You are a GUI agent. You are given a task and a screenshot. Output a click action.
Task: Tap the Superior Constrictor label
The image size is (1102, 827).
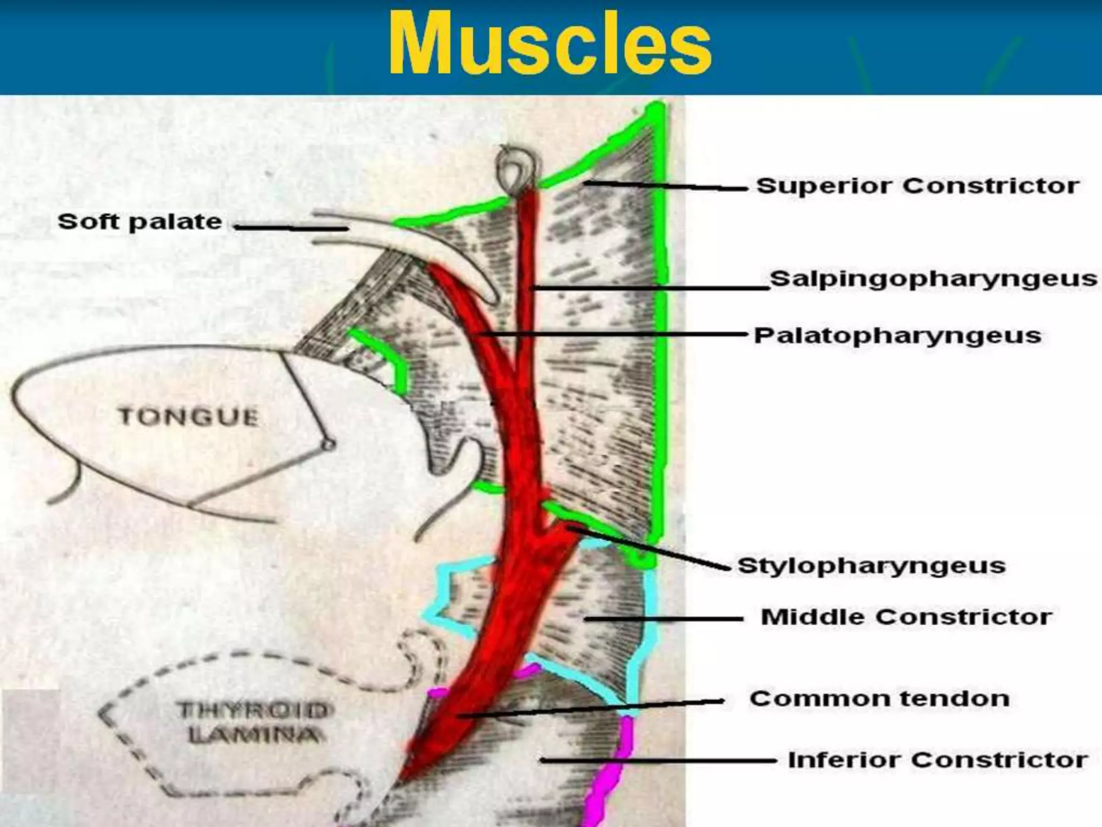(x=917, y=186)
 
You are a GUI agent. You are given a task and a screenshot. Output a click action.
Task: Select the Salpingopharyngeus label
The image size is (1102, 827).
(x=933, y=279)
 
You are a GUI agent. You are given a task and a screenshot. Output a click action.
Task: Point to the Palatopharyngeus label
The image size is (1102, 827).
(x=897, y=335)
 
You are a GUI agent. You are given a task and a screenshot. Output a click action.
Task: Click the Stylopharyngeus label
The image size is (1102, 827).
(x=871, y=566)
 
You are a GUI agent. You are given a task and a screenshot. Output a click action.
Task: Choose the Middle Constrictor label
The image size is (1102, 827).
(x=906, y=617)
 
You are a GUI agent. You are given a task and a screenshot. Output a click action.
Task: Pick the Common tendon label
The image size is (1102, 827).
(x=879, y=699)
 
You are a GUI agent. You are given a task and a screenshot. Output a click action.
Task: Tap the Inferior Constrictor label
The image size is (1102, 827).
(x=937, y=760)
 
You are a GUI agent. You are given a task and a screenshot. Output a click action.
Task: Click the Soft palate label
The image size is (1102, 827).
(x=140, y=222)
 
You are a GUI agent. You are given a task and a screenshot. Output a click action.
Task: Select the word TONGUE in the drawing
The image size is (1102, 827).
(x=188, y=417)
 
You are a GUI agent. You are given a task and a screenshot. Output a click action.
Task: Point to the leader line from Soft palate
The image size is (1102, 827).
(x=291, y=228)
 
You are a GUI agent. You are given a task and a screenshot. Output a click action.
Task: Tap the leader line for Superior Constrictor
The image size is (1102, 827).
(x=667, y=186)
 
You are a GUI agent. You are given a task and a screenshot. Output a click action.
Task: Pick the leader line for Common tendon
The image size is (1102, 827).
(x=592, y=708)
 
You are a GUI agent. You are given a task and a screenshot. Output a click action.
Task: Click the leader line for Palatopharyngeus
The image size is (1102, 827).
(x=613, y=335)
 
